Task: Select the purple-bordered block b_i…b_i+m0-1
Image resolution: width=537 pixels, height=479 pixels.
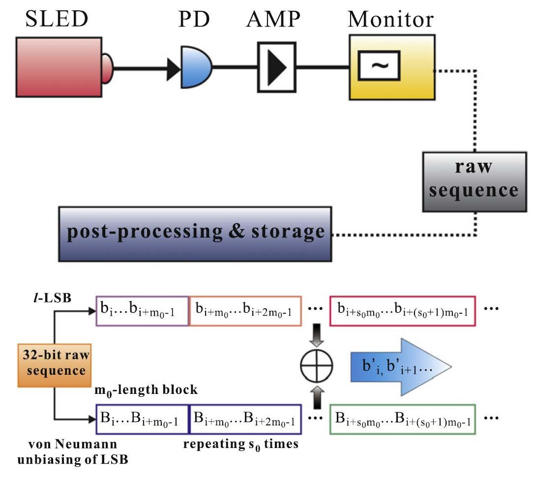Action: [142, 311]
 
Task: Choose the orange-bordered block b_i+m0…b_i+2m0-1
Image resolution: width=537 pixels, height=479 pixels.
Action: [244, 311]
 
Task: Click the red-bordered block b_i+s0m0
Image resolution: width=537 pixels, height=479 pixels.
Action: [402, 311]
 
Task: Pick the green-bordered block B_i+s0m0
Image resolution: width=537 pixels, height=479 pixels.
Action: [402, 419]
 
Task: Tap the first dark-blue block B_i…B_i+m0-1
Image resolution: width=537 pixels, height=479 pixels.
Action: [142, 419]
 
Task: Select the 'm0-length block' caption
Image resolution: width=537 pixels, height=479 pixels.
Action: [147, 390]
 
